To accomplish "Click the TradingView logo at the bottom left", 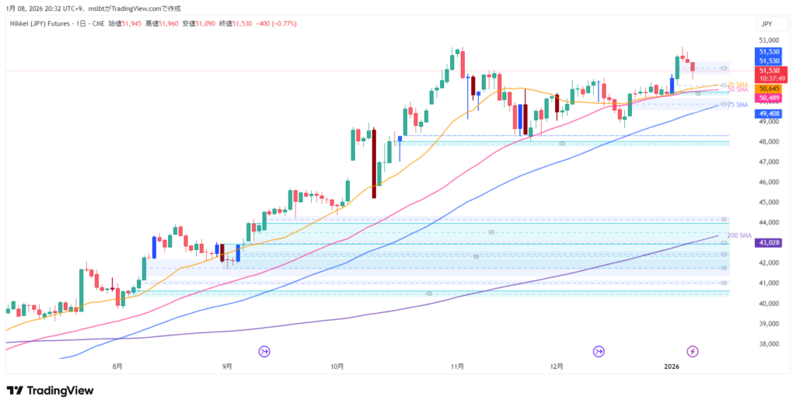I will (50, 391).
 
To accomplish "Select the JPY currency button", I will (766, 24).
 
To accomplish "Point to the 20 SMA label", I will (738, 84).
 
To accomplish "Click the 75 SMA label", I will (738, 104).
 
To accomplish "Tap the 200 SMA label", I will (739, 235).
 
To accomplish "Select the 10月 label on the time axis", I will (337, 366).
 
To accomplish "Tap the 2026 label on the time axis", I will (672, 366).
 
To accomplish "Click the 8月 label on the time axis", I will (117, 366).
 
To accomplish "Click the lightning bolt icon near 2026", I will (693, 351).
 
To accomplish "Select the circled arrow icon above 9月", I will (264, 351).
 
